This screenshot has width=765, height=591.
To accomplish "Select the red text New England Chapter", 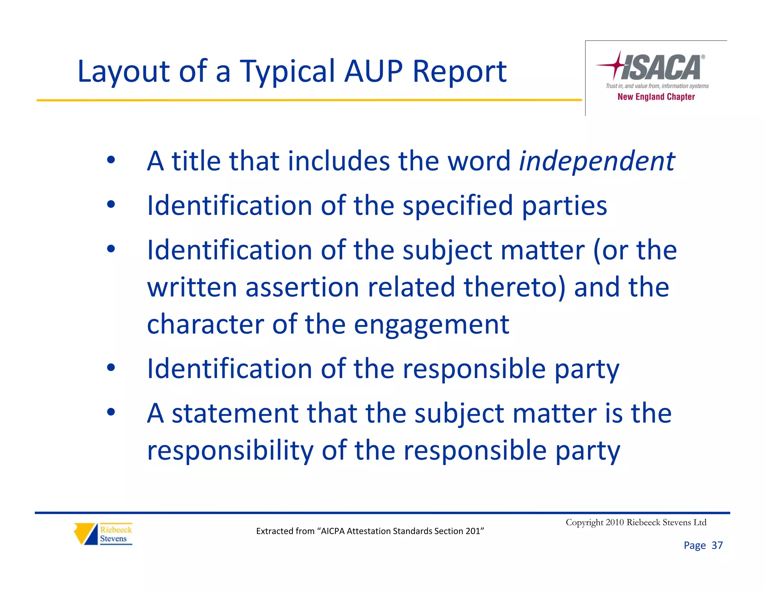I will (656, 97).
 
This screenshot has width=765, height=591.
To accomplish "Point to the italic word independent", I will (597, 161).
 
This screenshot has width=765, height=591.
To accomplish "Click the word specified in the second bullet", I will (458, 206).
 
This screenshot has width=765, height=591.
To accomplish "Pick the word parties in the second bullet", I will (564, 206).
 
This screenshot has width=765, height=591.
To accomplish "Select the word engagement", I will (431, 325).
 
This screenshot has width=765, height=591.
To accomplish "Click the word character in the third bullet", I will (205, 324).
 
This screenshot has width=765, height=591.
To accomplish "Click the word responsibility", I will (230, 451).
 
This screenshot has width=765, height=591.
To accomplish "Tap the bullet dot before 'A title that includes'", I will (111, 160).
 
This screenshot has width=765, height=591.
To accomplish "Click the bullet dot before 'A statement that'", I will (111, 412).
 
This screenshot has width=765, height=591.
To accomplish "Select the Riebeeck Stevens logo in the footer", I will (103, 534).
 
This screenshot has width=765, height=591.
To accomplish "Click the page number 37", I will (717, 545).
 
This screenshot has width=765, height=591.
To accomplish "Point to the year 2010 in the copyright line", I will (615, 522).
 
